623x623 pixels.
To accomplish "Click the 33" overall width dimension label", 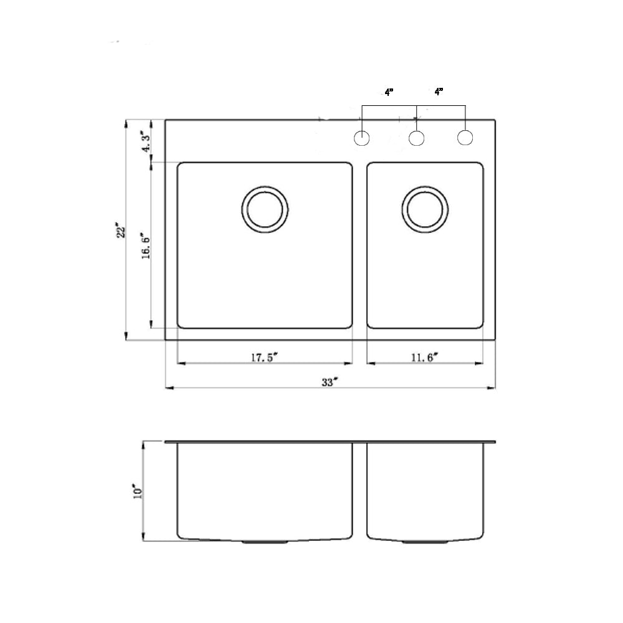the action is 330,383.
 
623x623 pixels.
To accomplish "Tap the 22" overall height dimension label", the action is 121,231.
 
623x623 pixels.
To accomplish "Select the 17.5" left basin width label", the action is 264,358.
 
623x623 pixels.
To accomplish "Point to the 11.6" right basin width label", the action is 424,358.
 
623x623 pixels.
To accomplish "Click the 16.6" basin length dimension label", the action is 146,245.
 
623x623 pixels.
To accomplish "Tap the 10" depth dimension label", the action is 138,492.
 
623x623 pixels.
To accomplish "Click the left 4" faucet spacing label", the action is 389,93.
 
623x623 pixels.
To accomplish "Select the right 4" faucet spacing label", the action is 439,92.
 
